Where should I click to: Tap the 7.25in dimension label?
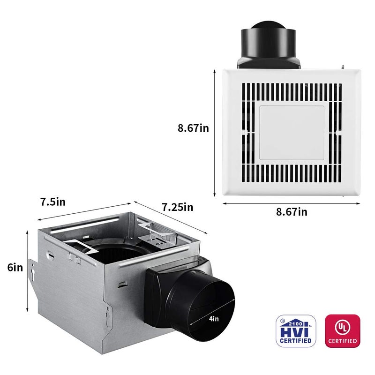177,206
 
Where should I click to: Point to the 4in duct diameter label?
214,319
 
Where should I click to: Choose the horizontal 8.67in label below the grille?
291,212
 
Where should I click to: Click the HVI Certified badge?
295,330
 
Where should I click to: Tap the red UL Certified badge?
342,330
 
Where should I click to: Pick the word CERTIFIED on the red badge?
342,340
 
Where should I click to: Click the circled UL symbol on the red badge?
342,325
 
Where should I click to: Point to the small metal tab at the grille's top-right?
345,67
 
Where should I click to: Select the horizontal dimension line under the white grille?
291,203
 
